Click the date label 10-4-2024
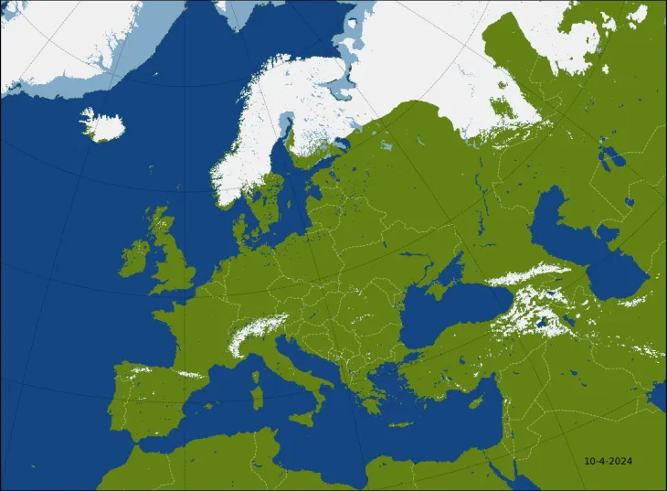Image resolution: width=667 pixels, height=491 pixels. point(609,461)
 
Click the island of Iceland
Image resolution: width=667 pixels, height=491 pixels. point(102,125)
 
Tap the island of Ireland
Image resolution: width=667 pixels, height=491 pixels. point(134,259)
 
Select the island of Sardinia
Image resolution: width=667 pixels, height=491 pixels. point(257,398)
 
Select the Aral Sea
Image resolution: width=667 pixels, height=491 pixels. point(609,155)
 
